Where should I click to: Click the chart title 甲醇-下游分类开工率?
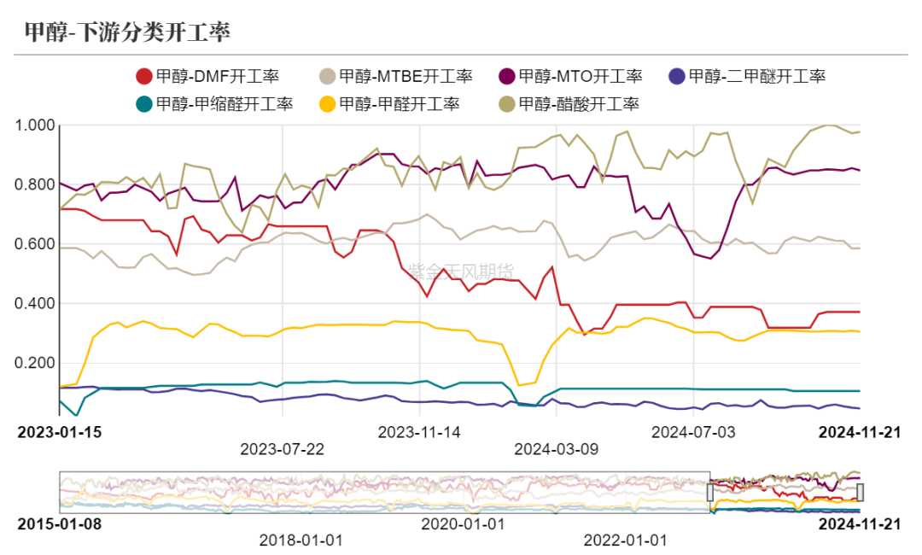127,32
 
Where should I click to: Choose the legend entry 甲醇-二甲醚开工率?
746,76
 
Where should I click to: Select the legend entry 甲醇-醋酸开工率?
569,104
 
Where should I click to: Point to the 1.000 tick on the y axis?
37,126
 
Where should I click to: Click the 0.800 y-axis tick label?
37,184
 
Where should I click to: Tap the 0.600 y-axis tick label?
37,244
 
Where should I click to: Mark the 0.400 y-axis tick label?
37,304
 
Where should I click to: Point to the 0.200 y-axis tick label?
37,363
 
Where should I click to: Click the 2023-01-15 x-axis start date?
60,432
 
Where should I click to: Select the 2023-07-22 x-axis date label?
282,449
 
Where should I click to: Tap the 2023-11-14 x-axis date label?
419,432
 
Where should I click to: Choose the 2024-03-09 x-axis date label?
556,449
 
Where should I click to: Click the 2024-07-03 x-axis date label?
692,432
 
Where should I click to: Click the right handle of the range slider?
861,492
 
